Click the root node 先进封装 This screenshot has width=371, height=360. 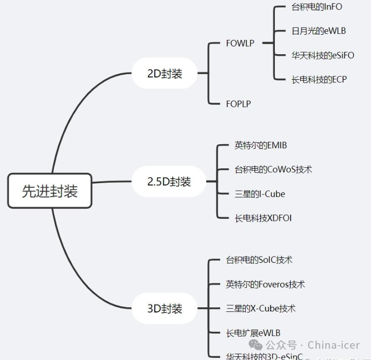point(50,191)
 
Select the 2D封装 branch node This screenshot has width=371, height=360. point(164,73)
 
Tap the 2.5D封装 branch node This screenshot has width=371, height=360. point(168,182)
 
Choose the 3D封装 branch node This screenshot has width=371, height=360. point(164,309)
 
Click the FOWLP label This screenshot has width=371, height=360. point(240,43)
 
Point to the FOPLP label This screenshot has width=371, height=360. point(238,104)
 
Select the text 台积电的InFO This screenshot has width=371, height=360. point(316,7)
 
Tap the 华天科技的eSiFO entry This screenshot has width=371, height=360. point(322,55)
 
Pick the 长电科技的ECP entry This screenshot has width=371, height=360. point(319,80)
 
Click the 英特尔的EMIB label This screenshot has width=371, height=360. point(260,145)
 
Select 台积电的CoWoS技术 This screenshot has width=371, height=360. point(273,169)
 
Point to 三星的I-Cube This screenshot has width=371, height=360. point(259,194)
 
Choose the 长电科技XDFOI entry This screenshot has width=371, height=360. point(263,218)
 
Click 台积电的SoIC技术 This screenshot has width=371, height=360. point(259,260)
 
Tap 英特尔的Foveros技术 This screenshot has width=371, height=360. point(265,284)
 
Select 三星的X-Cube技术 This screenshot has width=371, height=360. point(260,308)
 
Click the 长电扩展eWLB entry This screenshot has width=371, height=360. point(253,333)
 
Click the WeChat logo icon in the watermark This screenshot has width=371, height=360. point(255,345)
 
